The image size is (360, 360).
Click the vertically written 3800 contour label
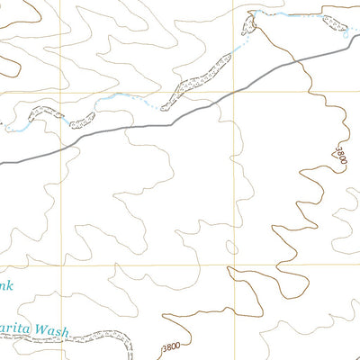point(340,155)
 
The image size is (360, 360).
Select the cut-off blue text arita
point(15,331)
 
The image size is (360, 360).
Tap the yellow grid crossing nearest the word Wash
point(64,266)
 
